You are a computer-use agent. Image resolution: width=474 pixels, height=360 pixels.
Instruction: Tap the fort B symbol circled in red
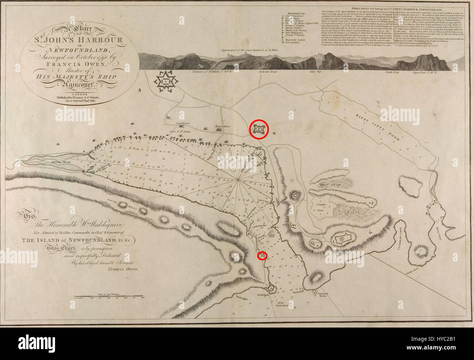pyautogui.click(x=259, y=129)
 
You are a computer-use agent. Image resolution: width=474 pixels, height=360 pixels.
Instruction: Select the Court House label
pyautogui.click(x=181, y=124)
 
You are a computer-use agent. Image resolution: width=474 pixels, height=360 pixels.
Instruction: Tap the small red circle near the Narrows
pyautogui.click(x=262, y=256)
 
